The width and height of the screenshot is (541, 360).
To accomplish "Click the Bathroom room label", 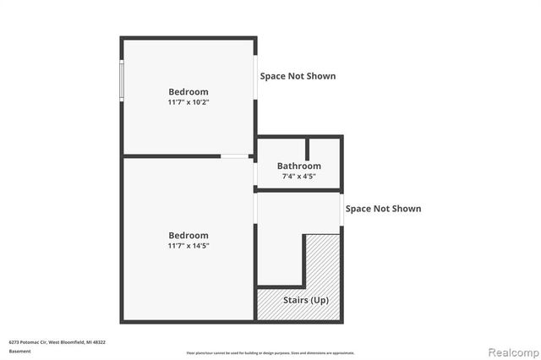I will pos(299,166).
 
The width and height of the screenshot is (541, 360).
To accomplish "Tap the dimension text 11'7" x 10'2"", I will pos(189,102).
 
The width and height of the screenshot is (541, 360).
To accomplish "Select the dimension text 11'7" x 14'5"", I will pos(189,246).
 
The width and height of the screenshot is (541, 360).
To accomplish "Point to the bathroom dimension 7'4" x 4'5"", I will pos(299,177).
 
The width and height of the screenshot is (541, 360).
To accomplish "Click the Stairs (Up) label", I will pos(307,301).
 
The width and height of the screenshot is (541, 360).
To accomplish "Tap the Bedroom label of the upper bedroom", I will pos(189,92).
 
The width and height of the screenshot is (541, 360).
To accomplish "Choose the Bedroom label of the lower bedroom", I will pos(189,236).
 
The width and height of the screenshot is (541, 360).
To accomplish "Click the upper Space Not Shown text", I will pos(298,76).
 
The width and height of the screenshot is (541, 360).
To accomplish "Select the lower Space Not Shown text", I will pos(383,209).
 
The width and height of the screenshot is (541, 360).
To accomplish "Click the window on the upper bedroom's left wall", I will pos(122,80).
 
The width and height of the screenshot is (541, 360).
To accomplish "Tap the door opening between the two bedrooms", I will pos(235,155).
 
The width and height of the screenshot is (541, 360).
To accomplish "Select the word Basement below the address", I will pos(19,351).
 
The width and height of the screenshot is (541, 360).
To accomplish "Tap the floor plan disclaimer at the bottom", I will pos(270,352).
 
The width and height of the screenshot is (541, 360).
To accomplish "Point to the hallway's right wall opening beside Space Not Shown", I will pos(342,210).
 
